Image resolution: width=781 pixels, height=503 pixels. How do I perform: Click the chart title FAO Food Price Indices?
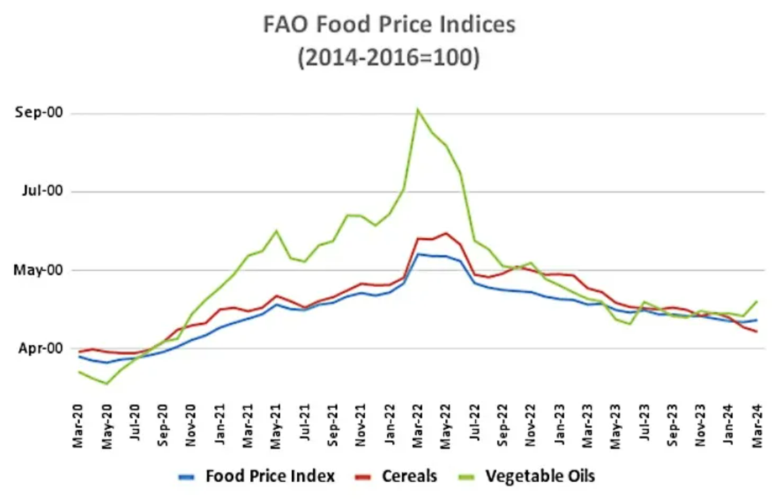(389, 25)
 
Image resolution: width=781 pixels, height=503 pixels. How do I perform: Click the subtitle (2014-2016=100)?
(389, 57)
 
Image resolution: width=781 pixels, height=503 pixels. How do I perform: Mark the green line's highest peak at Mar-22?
(418, 110)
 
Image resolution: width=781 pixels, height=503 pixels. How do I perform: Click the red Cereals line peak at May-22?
(446, 233)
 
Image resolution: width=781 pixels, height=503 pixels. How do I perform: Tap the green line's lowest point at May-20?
(107, 384)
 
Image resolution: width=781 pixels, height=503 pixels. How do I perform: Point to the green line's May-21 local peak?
(276, 231)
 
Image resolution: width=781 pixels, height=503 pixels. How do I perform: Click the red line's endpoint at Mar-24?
(757, 331)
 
